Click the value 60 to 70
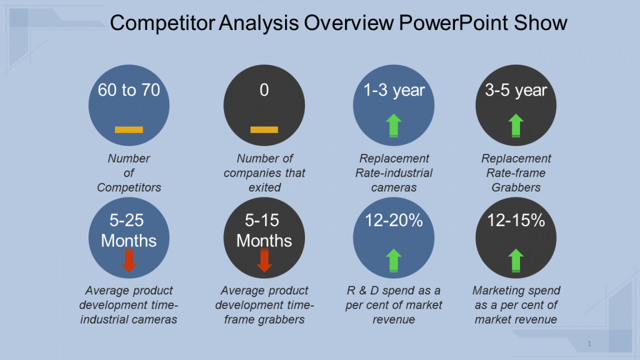129,90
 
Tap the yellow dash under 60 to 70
129,130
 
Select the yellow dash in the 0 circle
264,130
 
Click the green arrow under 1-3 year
393,126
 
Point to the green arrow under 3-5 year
516,126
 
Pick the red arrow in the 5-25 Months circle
129,261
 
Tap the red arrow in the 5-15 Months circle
264,261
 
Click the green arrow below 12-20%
393,261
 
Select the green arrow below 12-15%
516,261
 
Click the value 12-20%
394,221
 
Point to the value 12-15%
516,221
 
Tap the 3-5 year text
516,91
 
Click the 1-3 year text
394,91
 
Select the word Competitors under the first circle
129,187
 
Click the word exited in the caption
265,187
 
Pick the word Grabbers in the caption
516,187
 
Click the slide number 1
589,344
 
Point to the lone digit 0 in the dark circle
264,90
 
